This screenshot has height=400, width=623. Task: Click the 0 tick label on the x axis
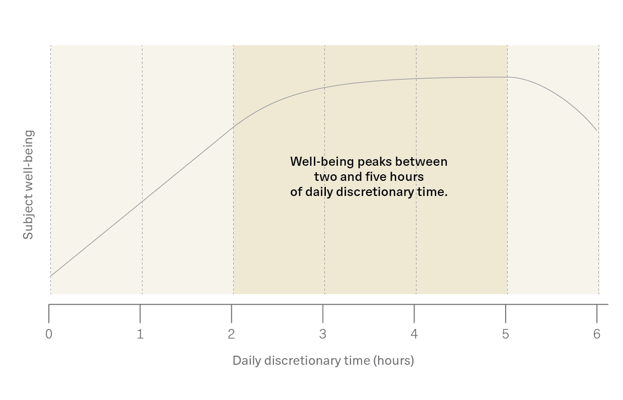49,334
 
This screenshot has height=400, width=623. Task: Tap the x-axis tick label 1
140,334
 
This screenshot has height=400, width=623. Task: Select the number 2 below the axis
231,334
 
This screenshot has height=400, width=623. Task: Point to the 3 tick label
323,334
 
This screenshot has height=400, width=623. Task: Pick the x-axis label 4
414,334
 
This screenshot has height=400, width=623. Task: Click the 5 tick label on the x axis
505,334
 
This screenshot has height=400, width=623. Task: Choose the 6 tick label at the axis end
597,334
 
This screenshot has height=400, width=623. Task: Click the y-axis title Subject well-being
28,185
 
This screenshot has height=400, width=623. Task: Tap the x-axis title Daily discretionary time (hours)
323,361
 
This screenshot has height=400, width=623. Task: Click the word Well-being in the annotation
322,162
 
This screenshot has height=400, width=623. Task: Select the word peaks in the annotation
374,162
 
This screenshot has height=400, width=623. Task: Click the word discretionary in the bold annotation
375,192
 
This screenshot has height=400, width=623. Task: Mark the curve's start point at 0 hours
51,276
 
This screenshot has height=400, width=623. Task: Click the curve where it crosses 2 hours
233,127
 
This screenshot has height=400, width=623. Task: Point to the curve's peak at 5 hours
507,77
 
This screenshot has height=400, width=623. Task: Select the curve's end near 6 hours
597,130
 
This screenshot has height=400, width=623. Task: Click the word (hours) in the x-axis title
393,361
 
